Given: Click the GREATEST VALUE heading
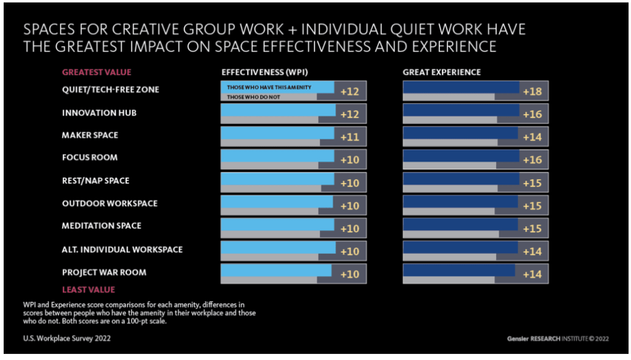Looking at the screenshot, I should click(96, 72).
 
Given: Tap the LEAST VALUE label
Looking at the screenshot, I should click(88, 290).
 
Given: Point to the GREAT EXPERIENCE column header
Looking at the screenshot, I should click(441, 72).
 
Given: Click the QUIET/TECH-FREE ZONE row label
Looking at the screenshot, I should click(110, 89).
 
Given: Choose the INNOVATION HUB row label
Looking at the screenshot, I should click(99, 113).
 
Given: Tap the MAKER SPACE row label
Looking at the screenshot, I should click(90, 135).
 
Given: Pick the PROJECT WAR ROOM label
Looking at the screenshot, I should click(104, 272).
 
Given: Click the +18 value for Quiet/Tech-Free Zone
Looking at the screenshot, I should click(532, 92).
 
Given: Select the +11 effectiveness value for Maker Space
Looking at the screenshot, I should click(349, 137).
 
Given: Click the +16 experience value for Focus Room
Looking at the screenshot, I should click(532, 160).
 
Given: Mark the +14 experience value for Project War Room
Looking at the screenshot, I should click(532, 274).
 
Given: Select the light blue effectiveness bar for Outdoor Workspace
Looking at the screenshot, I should click(277, 201).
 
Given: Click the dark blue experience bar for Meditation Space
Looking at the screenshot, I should click(460, 224).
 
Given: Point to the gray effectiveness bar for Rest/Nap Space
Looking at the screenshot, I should click(271, 189).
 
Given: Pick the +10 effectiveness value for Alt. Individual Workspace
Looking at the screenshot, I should click(349, 252).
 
